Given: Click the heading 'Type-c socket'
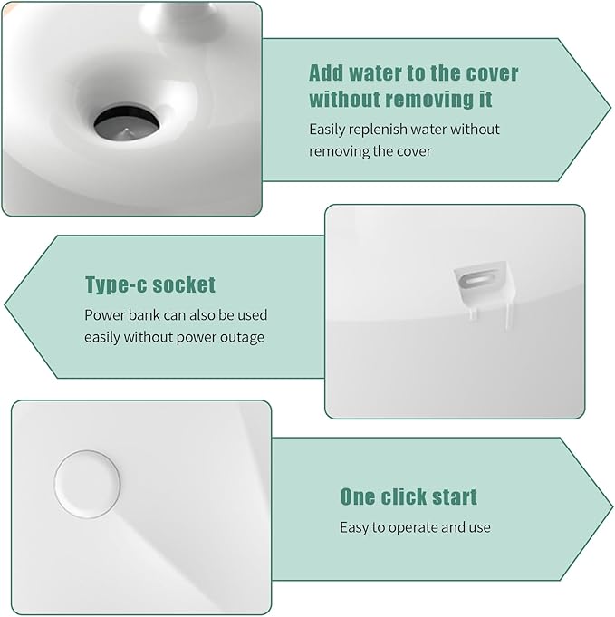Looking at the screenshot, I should [150, 284].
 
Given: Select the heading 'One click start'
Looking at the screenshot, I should [408, 496].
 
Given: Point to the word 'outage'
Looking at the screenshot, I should [245, 337].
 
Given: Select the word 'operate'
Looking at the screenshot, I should [415, 526].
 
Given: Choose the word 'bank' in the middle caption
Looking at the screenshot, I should [145, 315].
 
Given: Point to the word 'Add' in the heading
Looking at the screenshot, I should [327, 72].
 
